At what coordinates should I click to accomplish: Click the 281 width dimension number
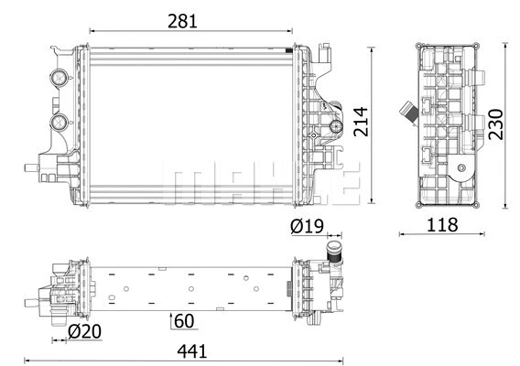182,21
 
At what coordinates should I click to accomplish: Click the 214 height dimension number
361,122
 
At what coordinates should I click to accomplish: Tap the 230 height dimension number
496,124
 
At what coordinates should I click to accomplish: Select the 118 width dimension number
442,225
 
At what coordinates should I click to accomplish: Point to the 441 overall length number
192,351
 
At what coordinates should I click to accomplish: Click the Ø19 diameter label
307,226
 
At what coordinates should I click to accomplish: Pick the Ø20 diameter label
84,331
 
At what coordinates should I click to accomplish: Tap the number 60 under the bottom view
184,321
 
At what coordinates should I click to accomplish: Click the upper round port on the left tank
59,78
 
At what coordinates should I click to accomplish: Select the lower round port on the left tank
59,122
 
